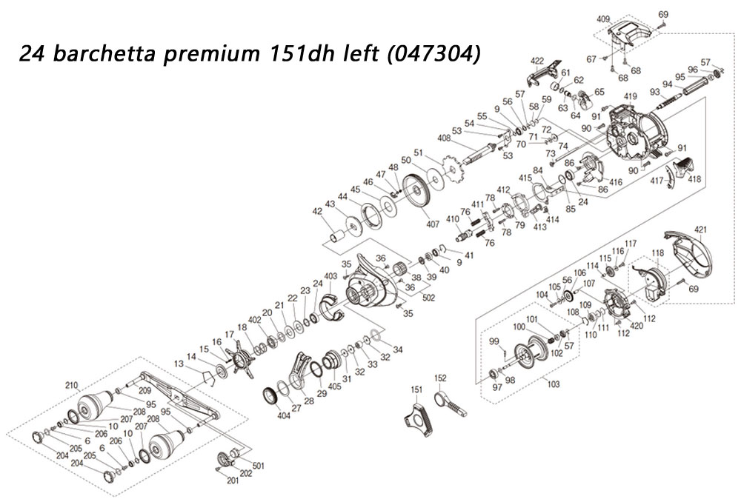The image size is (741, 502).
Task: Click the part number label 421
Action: click(x=701, y=230)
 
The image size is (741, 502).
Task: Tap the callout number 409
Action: click(x=603, y=20)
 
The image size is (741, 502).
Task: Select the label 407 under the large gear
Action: click(x=433, y=224)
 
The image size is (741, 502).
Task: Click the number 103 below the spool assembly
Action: click(x=553, y=384)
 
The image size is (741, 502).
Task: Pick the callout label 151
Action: click(x=416, y=389)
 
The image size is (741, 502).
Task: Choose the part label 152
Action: click(x=440, y=378)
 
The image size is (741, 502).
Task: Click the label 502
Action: click(x=428, y=298)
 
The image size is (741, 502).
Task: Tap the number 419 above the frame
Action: click(x=631, y=97)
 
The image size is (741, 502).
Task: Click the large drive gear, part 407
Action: click(x=416, y=191)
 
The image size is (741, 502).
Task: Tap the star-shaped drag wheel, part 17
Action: click(x=241, y=359)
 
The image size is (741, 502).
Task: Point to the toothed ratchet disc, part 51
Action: click(x=453, y=170)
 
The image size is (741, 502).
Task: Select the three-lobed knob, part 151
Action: click(x=418, y=418)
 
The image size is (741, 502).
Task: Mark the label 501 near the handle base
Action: click(x=258, y=466)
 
